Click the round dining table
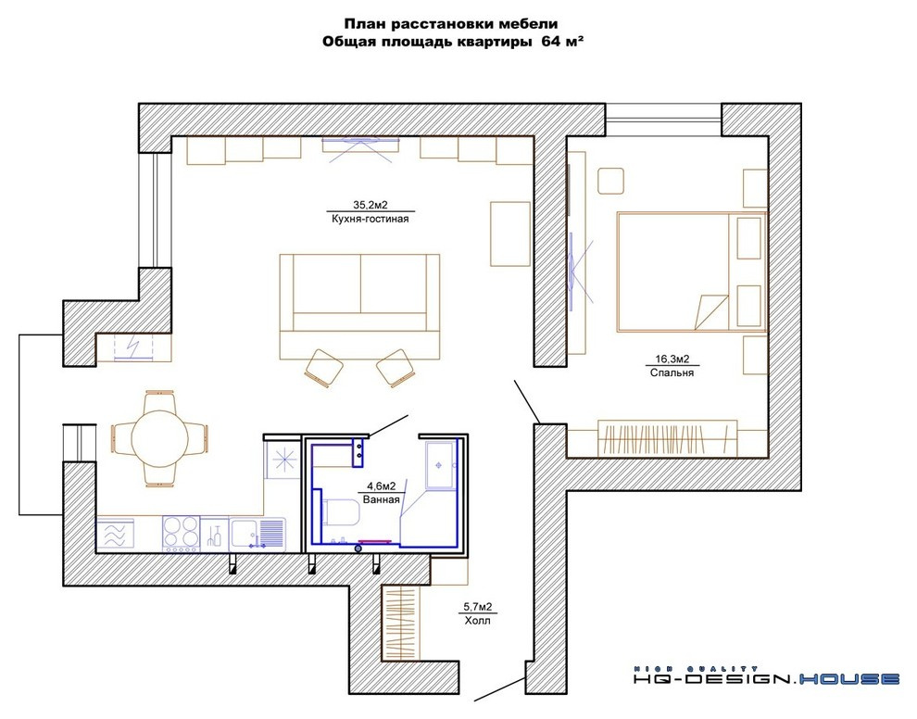coord(159,438)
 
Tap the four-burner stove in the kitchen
coord(181,534)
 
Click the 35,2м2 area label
coord(371,205)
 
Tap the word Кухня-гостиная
coord(371,219)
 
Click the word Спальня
coord(672,372)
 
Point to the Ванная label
coord(382,499)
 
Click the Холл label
coord(477,620)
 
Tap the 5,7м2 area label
coord(477,607)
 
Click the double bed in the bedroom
coord(692,271)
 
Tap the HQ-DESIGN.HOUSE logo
coord(767,677)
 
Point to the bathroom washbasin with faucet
coord(440,465)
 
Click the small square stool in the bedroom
coord(610,180)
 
